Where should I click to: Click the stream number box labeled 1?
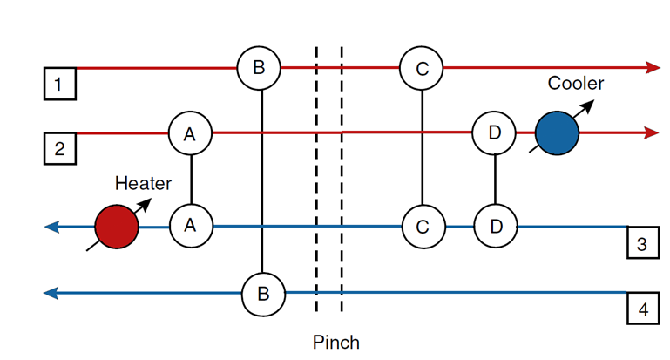60,85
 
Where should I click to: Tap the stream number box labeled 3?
642,243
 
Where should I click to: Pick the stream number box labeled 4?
642,309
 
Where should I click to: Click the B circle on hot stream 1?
261,67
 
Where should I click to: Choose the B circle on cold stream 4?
263,293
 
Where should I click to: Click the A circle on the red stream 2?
190,133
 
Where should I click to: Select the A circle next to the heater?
190,227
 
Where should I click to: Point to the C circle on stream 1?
422,67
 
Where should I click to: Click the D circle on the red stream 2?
495,133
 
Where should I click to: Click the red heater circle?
117,227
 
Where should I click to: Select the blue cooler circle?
558,133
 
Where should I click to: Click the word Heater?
143,183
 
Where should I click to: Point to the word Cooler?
575,84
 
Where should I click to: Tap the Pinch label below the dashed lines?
335,342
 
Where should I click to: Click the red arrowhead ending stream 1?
653,67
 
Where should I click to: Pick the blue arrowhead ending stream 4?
51,293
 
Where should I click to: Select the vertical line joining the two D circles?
495,180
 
